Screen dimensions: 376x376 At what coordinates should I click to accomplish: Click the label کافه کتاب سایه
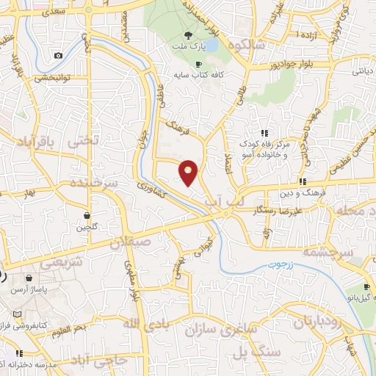tap(199, 74)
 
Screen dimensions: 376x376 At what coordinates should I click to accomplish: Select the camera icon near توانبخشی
tap(58, 56)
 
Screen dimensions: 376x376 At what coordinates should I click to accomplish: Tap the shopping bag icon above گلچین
tap(87, 216)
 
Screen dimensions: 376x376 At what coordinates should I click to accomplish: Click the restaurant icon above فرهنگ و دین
tap(302, 181)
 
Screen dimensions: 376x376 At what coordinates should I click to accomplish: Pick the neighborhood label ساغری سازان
tap(227, 328)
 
